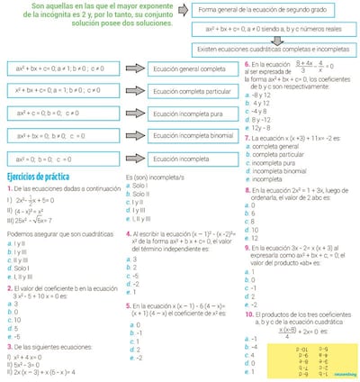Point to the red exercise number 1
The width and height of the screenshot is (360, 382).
pos(8,189)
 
